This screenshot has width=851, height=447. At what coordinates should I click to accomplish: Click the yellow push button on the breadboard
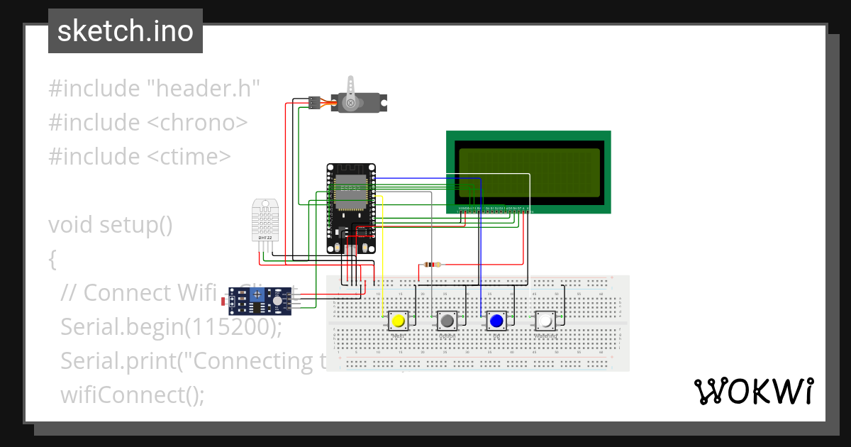coord(399,321)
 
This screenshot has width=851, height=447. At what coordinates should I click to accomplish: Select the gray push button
coord(447,321)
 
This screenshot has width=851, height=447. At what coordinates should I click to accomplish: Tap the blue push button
coord(496,321)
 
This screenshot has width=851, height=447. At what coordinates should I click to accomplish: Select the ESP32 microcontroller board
coord(351,209)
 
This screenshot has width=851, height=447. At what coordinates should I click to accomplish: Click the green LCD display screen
coord(528,172)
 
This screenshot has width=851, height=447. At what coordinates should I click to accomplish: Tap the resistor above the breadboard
coord(431,265)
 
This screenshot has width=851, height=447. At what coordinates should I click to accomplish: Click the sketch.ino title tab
coord(126,31)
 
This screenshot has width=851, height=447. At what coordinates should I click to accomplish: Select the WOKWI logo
coord(753,392)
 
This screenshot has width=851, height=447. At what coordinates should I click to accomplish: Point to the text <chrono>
coord(197,123)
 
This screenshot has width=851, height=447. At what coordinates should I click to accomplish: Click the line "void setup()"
coord(111,225)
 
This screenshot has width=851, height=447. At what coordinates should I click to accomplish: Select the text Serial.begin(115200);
coord(171,327)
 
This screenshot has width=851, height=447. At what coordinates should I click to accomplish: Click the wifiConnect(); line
coord(132,394)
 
